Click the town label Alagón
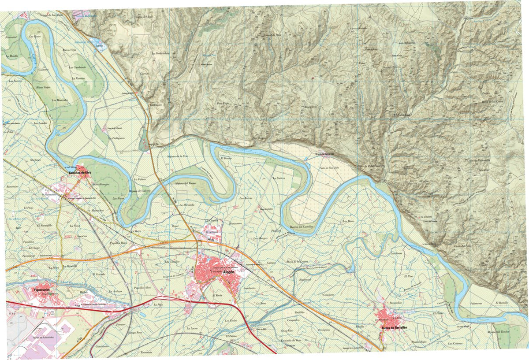(x=229, y=273)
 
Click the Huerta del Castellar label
(x=301, y=226)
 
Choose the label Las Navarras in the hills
(x=407, y=43)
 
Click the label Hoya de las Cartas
(x=492, y=101)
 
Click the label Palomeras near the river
(x=476, y=303)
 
